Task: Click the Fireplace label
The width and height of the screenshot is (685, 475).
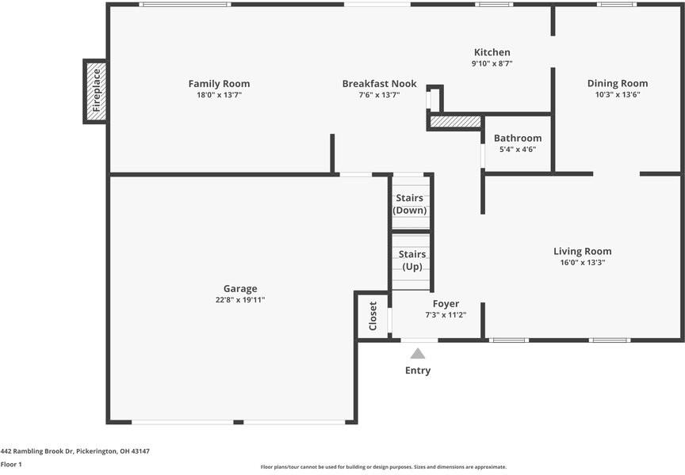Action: pos(97,90)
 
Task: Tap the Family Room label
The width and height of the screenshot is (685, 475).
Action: pos(220,84)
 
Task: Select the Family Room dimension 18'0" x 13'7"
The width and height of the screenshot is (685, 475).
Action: pos(220,95)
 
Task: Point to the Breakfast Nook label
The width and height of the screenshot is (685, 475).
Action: pos(379,84)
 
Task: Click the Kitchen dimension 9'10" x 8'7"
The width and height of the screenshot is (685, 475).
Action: pos(492,63)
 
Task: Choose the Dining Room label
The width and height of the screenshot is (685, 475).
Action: pos(618,83)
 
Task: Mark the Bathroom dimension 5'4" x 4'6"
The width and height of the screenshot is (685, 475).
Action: pos(518,149)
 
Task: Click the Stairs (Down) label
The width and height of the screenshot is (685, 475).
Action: pos(409,204)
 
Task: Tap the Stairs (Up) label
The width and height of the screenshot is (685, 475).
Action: pos(412,260)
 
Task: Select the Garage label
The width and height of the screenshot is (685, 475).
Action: pos(240,289)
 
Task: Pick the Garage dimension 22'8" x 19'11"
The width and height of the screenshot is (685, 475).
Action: pos(240,300)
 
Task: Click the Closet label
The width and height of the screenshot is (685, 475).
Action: pos(373,316)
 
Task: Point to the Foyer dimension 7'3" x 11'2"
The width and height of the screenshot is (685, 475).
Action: pos(446,314)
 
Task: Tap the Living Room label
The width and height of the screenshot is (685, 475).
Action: pos(583,251)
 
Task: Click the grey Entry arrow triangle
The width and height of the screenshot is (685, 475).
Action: pos(418,354)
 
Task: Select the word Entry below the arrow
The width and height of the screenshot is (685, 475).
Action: pos(418,370)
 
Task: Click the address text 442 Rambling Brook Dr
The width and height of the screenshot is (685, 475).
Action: pos(36,451)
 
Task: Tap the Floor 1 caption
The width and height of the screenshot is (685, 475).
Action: pos(11,464)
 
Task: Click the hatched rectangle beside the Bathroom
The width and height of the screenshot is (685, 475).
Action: pos(456,121)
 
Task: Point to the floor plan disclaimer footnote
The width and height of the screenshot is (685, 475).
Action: pos(384,467)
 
